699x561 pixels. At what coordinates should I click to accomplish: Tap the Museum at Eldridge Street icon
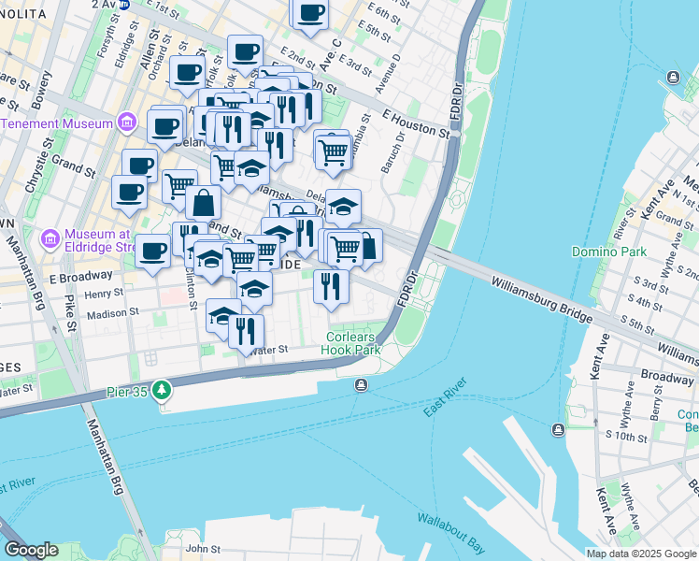(x=52, y=240)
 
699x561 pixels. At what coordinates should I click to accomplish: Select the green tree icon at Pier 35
(x=163, y=388)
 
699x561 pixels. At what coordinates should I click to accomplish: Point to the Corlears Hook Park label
(x=353, y=343)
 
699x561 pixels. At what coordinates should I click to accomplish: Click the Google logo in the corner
(x=31, y=550)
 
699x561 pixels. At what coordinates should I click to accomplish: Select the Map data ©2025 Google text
(x=641, y=554)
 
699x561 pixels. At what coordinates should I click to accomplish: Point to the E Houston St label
(x=416, y=123)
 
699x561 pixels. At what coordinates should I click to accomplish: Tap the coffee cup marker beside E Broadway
(x=152, y=250)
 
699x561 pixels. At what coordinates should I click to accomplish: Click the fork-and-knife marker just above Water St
(x=246, y=330)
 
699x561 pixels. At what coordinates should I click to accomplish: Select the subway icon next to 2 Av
(x=123, y=4)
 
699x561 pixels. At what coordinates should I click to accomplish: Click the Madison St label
(x=112, y=314)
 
